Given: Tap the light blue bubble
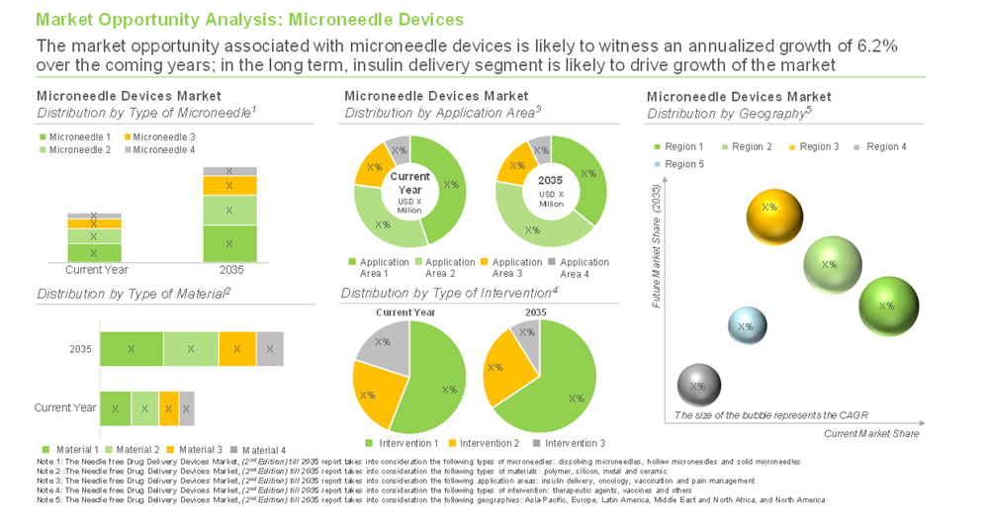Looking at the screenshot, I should coord(747,326).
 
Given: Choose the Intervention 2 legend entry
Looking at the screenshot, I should coord(484,443).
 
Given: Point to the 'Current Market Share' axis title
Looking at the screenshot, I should coord(871,433).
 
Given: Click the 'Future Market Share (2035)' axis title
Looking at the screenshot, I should coord(656,246).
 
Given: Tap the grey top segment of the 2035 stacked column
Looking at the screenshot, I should coord(229,171).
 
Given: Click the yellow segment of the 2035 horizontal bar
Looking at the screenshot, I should coord(237,349).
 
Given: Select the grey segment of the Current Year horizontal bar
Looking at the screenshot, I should coord(187,407).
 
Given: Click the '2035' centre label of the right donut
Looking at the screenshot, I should coord(551,181).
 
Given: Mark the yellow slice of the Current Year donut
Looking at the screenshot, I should coord(374,167).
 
